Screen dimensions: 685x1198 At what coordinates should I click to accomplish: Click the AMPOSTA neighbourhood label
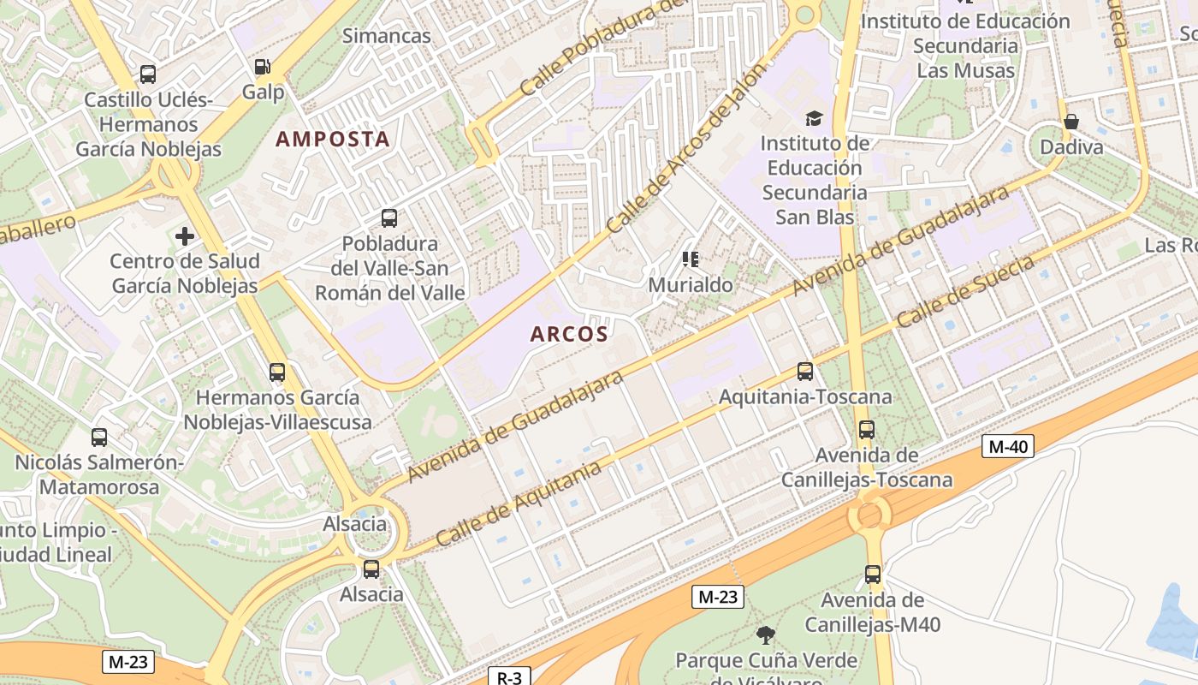click(x=332, y=139)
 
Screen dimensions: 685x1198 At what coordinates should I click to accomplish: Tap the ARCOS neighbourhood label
click(x=569, y=334)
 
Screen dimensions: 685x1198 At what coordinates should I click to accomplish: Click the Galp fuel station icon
click(x=263, y=67)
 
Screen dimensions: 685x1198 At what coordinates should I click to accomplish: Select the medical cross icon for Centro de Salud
click(x=185, y=235)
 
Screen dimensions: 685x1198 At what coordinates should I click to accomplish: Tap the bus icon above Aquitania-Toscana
click(x=805, y=371)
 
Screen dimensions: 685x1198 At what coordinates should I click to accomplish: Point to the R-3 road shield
click(x=509, y=677)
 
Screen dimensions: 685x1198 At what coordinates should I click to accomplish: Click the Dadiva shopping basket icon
click(x=1070, y=122)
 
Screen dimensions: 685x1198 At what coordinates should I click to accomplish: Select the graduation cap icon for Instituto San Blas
click(x=813, y=118)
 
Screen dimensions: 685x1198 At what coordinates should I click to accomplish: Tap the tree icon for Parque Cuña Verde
click(x=766, y=634)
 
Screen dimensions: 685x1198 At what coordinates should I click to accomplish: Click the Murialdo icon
click(x=691, y=259)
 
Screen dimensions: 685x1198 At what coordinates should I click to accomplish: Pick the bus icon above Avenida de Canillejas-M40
click(x=873, y=574)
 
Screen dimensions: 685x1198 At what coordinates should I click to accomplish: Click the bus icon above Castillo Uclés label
click(x=148, y=74)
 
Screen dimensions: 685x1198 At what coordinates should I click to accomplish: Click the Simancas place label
click(x=387, y=36)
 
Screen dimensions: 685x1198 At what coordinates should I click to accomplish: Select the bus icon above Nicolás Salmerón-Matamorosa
click(x=99, y=437)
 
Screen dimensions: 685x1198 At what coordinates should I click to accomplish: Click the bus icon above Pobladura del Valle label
click(x=389, y=217)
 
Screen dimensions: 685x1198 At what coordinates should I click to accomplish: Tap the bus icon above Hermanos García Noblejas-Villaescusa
click(x=277, y=372)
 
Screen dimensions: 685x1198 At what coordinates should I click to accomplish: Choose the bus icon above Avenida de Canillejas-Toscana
click(x=867, y=429)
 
